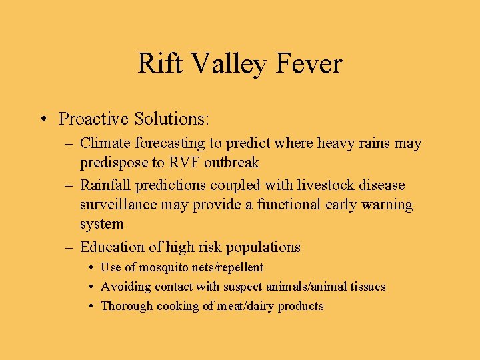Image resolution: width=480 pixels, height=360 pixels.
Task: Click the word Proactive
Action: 94,119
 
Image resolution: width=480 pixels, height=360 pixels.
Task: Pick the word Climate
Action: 105,143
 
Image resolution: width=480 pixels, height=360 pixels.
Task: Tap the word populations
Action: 263,247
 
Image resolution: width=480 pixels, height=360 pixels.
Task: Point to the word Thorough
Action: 125,306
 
